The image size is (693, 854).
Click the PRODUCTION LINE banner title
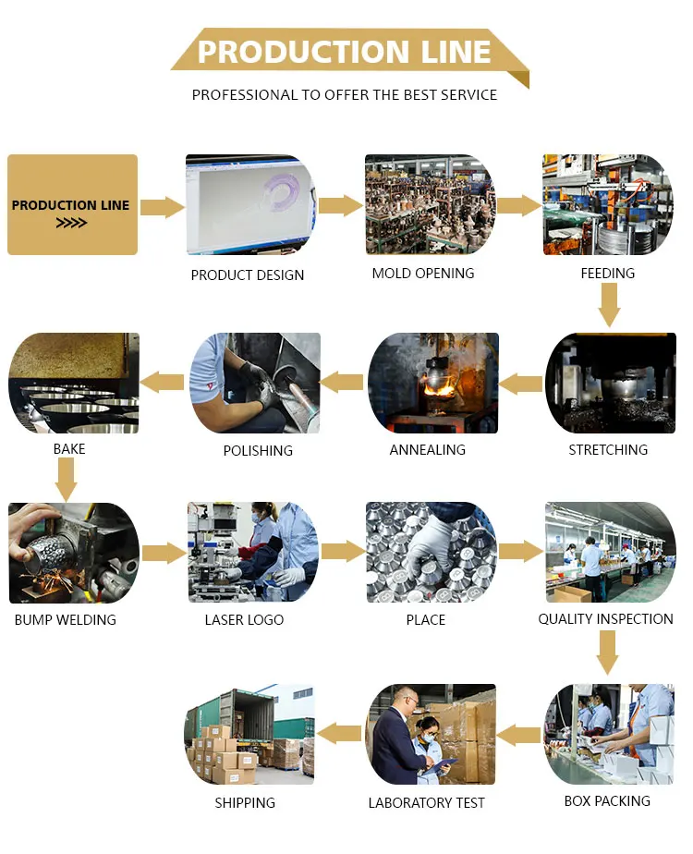(344, 52)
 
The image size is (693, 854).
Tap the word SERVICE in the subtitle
(468, 95)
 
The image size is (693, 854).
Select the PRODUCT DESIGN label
(247, 275)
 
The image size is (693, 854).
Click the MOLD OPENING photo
(430, 205)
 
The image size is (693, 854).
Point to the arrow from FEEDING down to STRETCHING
(609, 305)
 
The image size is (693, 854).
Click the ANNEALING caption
(427, 450)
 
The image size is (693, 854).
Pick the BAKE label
(69, 449)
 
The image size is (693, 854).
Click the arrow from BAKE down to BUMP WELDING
(66, 480)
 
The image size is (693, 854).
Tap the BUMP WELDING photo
(74, 553)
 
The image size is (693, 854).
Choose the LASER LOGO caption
(244, 620)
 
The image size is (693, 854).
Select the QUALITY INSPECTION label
(605, 618)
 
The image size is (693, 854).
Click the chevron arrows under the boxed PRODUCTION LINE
(71, 223)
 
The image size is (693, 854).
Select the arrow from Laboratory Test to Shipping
(339, 734)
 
